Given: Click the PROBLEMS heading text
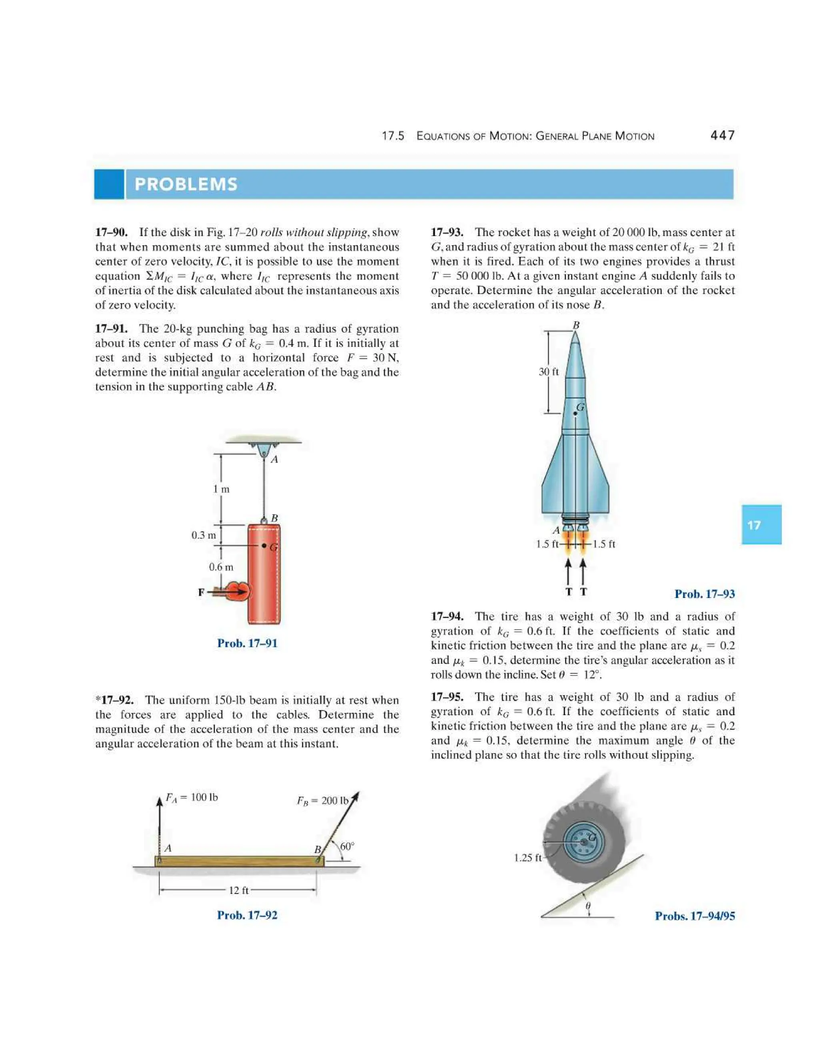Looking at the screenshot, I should click(186, 184).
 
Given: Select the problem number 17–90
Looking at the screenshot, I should click(112, 232).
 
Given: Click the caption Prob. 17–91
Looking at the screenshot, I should click(247, 644).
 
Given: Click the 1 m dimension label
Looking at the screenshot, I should click(221, 489).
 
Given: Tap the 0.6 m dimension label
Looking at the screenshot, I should click(221, 567).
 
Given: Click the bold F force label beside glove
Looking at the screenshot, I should click(201, 592).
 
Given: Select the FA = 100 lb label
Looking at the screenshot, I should click(192, 798).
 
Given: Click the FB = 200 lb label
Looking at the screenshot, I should click(322, 801).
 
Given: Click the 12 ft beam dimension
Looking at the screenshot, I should click(238, 890).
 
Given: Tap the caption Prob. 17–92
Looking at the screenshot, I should click(247, 915).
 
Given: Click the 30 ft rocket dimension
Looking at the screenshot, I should click(548, 372).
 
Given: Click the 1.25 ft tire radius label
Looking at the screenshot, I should click(528, 858).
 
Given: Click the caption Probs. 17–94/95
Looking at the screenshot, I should click(694, 916).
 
